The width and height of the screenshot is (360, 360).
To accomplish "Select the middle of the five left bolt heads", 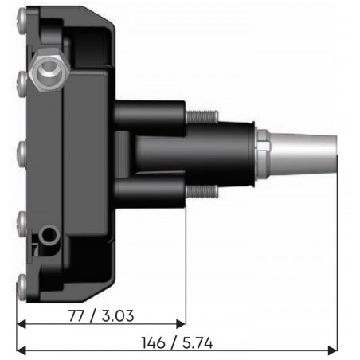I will click(x=21, y=147).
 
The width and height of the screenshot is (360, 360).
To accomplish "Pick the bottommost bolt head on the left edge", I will click(x=21, y=280).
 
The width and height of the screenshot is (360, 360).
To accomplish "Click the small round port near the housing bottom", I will click(x=50, y=236).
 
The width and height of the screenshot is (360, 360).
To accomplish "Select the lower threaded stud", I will click(x=201, y=190).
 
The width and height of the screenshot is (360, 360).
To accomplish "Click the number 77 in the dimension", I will click(x=77, y=315).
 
